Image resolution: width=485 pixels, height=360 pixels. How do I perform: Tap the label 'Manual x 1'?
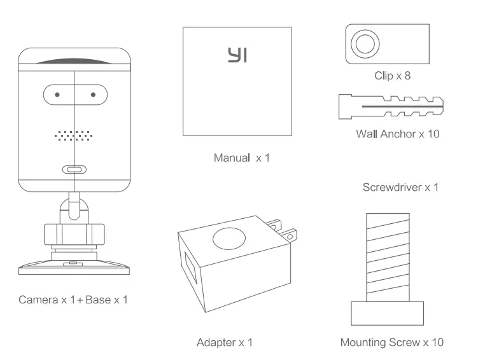241,157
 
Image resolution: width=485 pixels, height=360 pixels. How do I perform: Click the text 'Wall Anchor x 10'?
397,134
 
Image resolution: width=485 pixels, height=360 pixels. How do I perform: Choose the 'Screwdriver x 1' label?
400,187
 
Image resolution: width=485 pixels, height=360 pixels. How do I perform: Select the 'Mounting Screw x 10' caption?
391,342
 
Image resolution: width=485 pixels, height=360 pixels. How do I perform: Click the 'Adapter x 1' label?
225,342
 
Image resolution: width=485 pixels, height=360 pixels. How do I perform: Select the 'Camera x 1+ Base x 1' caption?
73,299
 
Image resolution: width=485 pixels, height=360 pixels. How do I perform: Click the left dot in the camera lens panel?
57,95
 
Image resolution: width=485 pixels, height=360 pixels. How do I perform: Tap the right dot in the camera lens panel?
93,95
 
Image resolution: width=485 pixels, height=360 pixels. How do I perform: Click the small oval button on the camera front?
74,169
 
